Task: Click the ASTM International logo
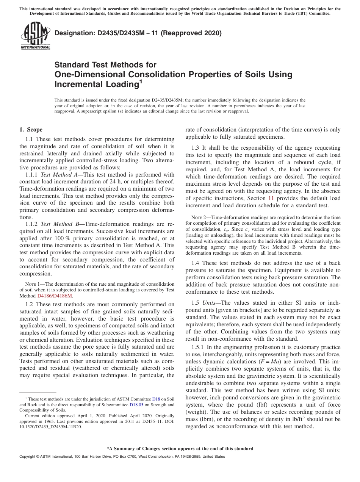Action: (35, 36)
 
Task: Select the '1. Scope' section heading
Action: (31, 130)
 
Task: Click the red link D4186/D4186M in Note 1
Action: (55, 296)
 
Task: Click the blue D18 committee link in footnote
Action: (156, 399)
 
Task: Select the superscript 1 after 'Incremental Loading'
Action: (141, 81)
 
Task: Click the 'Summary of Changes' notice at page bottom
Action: (180, 449)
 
